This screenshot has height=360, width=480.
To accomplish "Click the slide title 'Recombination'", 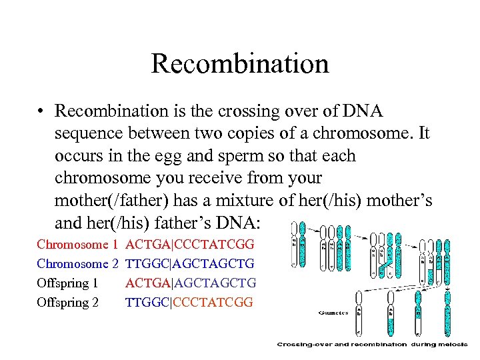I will click(x=239, y=64).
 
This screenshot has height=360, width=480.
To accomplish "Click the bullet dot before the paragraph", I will click(x=41, y=111).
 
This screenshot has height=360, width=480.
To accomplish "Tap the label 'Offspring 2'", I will click(x=67, y=303).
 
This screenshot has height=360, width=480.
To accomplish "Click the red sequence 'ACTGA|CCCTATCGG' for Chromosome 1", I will click(x=189, y=245).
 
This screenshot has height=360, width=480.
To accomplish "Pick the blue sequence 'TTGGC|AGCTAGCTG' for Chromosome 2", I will click(x=189, y=264).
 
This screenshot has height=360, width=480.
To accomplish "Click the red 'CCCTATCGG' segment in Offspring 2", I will click(x=214, y=303).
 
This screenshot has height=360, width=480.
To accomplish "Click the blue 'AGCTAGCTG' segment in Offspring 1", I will click(x=214, y=283).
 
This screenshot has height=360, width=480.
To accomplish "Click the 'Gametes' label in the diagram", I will click(x=334, y=312).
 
